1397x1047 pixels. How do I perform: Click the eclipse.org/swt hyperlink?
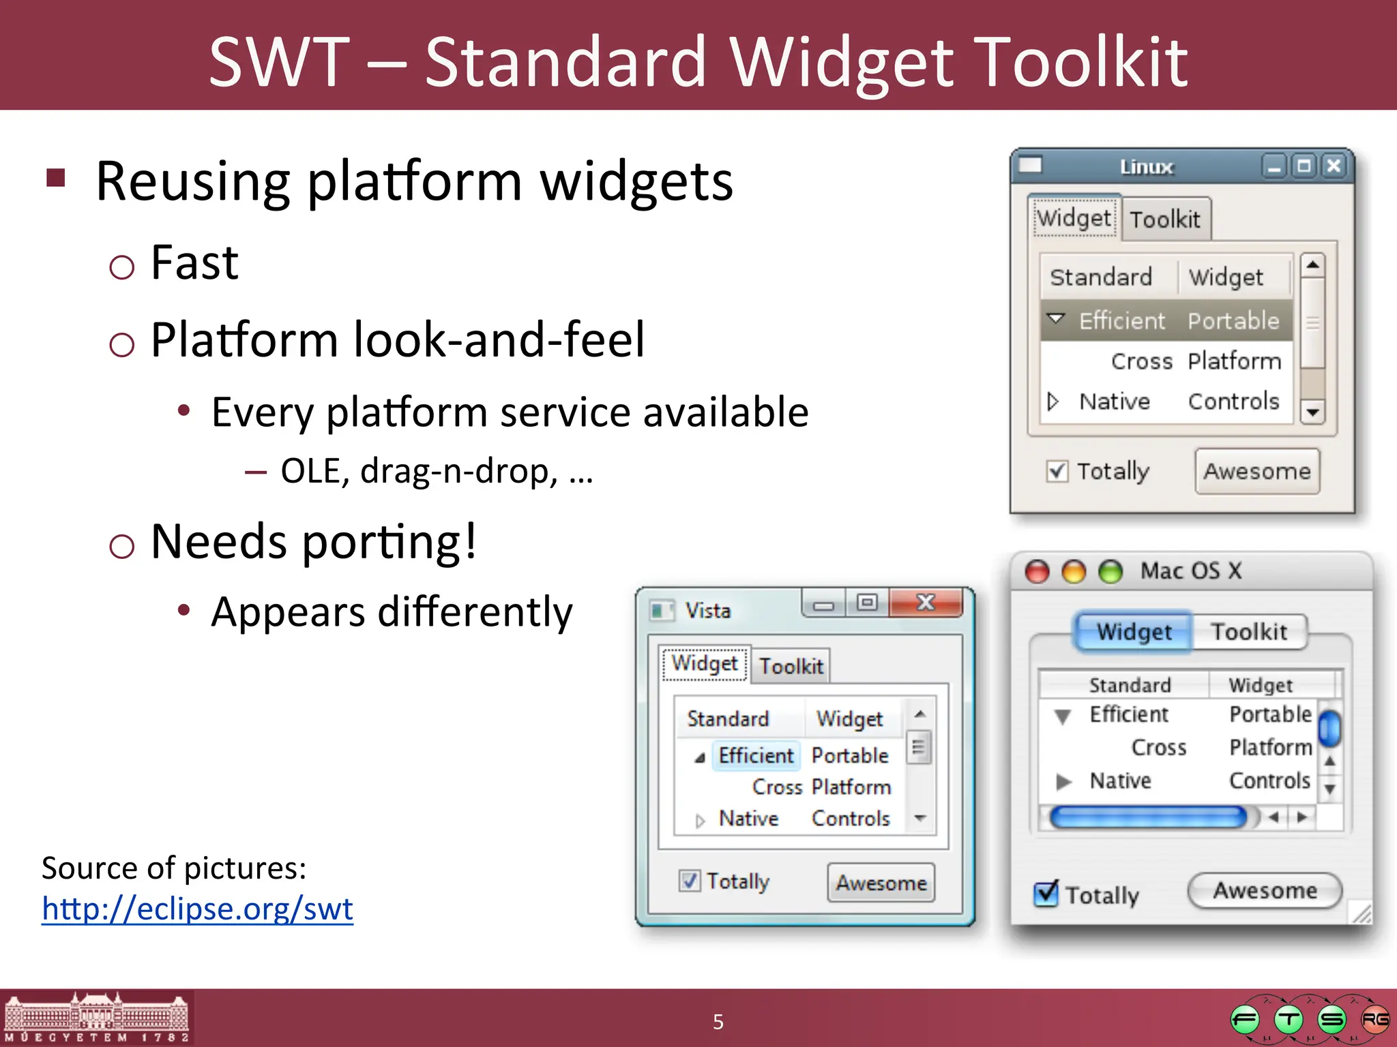click(197, 909)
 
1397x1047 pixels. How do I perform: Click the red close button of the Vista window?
click(926, 603)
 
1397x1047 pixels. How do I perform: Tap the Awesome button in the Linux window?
click(1256, 471)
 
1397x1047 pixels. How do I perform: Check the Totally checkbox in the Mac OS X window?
click(1046, 894)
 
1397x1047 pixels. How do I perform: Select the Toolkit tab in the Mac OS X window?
click(1249, 632)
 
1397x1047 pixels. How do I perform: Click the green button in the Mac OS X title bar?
click(1111, 571)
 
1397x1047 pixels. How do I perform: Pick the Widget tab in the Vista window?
click(705, 663)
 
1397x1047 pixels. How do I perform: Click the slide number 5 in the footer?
click(718, 1021)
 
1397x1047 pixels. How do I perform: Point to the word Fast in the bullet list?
click(194, 262)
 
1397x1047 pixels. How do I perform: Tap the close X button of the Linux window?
click(1334, 166)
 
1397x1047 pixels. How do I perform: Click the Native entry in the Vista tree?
click(748, 818)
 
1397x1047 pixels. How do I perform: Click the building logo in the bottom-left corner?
click(96, 1018)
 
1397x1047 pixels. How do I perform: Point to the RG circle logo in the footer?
click(1374, 1020)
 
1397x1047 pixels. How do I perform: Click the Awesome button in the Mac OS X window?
click(1265, 890)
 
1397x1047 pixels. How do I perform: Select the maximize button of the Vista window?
click(867, 603)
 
